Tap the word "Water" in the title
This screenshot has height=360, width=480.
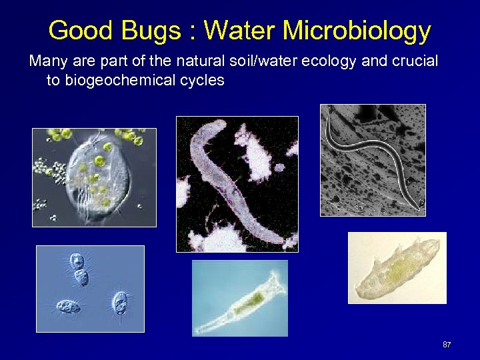tap(239, 31)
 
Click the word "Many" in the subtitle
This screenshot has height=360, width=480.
tap(46, 62)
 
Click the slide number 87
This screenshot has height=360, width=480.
tap(447, 345)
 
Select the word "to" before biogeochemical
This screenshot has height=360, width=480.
tap(53, 81)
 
